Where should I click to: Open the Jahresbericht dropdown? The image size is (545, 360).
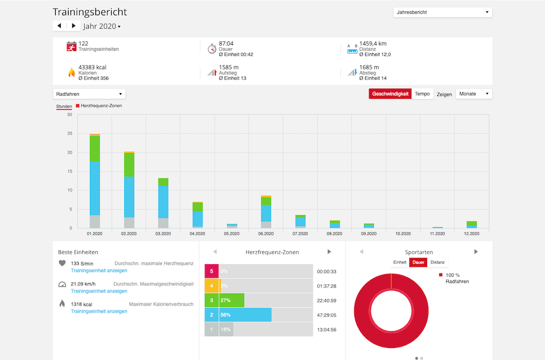click(x=443, y=12)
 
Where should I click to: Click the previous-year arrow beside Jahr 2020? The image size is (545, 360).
click(x=59, y=26)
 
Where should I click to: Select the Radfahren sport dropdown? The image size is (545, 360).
click(x=89, y=94)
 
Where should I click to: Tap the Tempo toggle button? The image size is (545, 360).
click(x=422, y=94)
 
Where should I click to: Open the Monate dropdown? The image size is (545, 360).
click(x=474, y=94)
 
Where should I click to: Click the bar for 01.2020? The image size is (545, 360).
click(x=94, y=181)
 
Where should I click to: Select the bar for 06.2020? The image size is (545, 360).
click(x=266, y=212)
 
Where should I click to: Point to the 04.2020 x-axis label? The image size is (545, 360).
click(x=197, y=234)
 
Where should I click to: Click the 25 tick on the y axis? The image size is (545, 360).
click(x=70, y=133)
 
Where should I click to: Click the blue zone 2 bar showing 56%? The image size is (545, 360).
click(x=245, y=315)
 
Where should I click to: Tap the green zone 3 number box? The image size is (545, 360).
click(x=211, y=300)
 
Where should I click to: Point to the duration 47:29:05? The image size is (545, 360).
click(x=326, y=315)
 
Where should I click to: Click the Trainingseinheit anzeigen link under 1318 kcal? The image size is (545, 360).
click(x=99, y=312)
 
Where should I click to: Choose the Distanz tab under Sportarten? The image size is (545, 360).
click(x=437, y=263)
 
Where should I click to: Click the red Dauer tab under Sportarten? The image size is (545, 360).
click(x=418, y=263)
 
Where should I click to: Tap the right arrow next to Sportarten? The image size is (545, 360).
click(x=476, y=252)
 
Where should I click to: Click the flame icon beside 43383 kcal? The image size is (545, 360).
click(x=71, y=72)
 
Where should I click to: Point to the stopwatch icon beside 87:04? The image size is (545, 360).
click(x=212, y=48)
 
